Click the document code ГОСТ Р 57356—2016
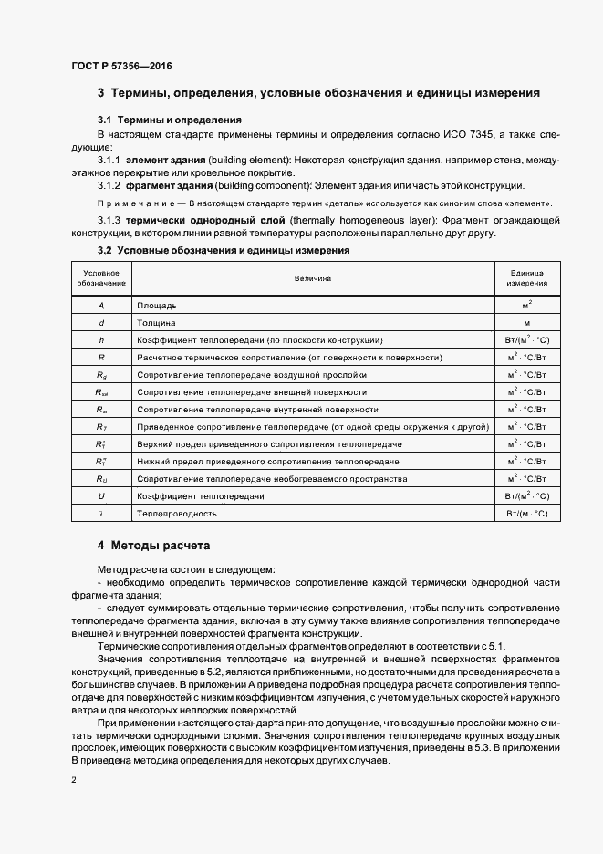[120, 67]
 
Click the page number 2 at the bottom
[74, 780]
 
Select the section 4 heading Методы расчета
[153, 546]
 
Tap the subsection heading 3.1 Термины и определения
[169, 120]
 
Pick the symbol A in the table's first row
[101, 306]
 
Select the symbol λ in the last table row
[101, 514]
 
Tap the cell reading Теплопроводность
[176, 514]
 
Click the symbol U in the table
[101, 496]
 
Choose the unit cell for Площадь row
[526, 306]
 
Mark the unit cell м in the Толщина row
[526, 323]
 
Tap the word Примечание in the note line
[132, 203]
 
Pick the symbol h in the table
[101, 340]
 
